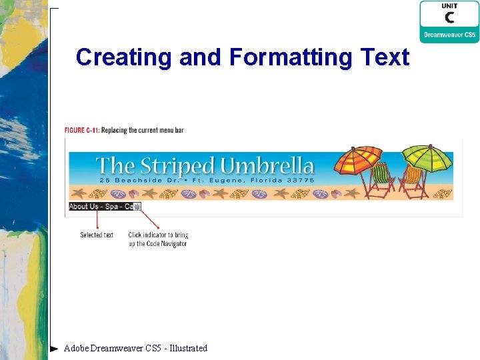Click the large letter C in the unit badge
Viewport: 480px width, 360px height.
(x=449, y=17)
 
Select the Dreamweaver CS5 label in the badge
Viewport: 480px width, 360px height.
(x=449, y=35)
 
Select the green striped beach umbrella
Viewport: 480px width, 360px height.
(x=425, y=157)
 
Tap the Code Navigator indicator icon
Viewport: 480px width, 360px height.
(x=137, y=207)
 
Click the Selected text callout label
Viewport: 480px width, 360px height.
(x=97, y=235)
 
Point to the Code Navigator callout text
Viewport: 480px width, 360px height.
(x=158, y=239)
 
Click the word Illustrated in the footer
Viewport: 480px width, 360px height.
(x=189, y=348)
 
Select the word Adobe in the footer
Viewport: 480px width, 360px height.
(x=75, y=348)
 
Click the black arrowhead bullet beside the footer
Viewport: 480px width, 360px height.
(x=54, y=348)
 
